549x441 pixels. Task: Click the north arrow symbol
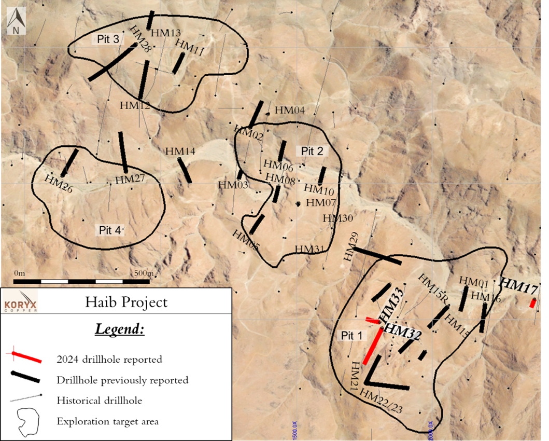coord(16,22)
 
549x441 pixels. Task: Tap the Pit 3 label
coord(108,39)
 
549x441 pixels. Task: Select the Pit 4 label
coord(110,229)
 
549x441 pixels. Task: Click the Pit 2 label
coord(312,151)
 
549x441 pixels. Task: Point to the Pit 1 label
coord(351,336)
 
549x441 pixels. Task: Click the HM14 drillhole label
coord(180,151)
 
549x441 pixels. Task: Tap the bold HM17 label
coord(519,285)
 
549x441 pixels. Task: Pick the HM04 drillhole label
coord(289,110)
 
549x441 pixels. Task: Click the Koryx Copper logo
coord(20,302)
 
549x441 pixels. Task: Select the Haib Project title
coord(126,302)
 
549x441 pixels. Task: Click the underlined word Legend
coord(119,329)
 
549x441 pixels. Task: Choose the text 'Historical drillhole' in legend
coord(99,400)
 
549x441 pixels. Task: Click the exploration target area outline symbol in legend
coord(29,421)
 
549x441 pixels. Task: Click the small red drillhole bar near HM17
coord(532,304)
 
